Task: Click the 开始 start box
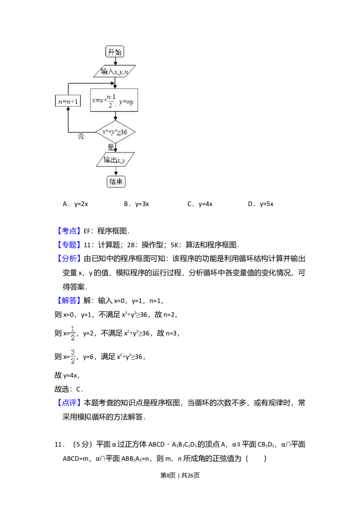(x=115, y=52)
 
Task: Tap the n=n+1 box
(x=67, y=101)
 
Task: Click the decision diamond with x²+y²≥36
(x=116, y=132)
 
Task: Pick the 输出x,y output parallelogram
(x=115, y=160)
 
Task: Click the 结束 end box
(x=116, y=182)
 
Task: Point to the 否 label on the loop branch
(x=81, y=137)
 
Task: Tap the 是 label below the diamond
(x=111, y=147)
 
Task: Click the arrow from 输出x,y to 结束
(x=116, y=171)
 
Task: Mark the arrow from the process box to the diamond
(x=115, y=116)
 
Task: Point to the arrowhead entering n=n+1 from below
(x=68, y=110)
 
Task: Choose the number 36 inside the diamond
(x=124, y=132)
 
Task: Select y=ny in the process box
(x=126, y=102)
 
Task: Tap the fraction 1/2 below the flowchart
(x=73, y=333)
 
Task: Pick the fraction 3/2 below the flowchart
(x=73, y=356)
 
